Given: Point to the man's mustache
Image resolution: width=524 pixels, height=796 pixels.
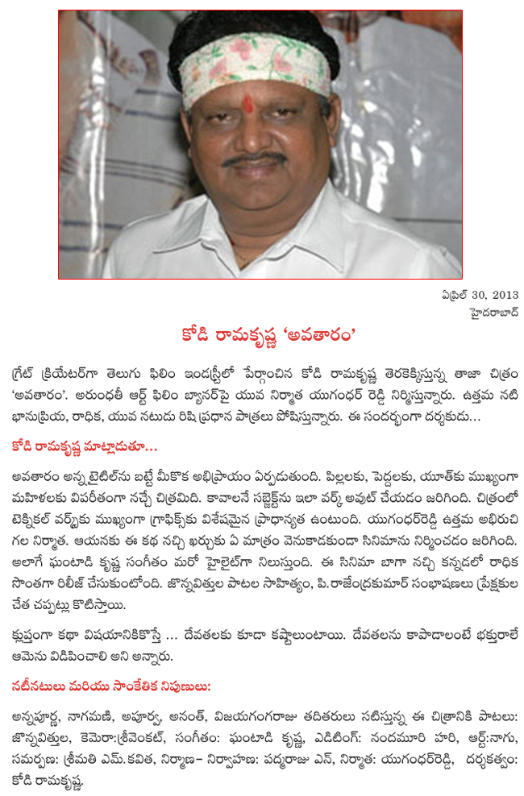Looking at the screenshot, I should click(253, 160).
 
